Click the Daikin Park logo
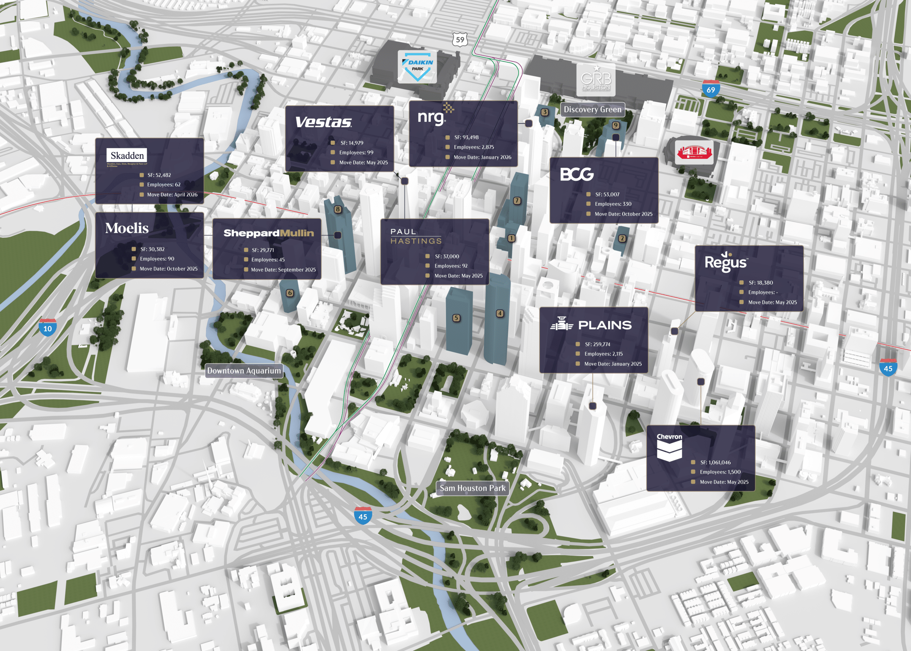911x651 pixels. click(418, 66)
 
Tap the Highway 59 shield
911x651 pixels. click(460, 40)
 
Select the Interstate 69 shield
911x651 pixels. click(711, 89)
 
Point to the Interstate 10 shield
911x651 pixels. click(47, 327)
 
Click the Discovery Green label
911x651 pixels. click(593, 109)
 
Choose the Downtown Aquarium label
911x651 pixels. click(244, 371)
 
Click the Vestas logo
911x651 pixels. click(323, 122)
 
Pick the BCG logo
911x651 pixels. click(577, 174)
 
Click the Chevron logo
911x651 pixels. click(669, 447)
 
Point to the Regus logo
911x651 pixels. click(725, 262)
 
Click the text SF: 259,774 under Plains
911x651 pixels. click(597, 344)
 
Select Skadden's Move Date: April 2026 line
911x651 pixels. click(172, 195)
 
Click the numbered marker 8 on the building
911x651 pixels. click(338, 209)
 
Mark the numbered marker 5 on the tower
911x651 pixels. click(456, 318)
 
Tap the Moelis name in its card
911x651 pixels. click(127, 228)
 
